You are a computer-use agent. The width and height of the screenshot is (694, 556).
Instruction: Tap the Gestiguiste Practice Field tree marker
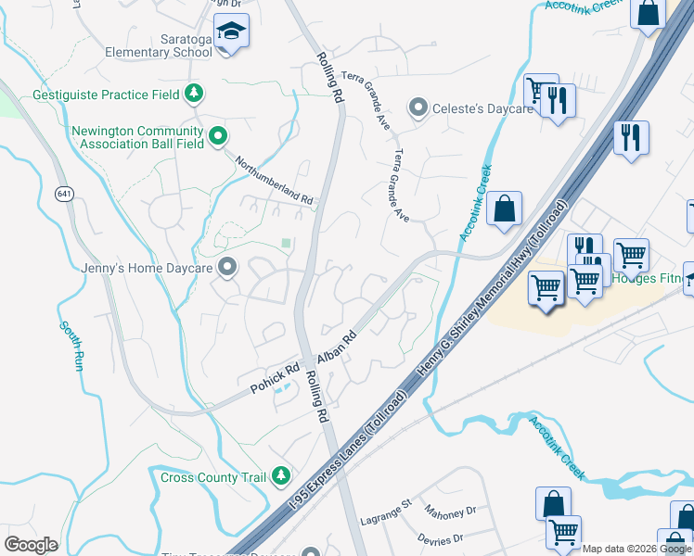194,94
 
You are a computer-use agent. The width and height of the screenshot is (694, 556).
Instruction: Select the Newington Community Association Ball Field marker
218,137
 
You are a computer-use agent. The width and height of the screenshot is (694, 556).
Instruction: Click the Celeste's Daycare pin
418,109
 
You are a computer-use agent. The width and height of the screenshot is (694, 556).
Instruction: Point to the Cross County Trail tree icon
281,477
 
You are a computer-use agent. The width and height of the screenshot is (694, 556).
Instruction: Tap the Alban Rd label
337,348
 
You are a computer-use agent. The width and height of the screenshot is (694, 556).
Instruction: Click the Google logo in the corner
31,545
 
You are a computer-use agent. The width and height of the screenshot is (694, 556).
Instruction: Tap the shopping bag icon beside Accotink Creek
504,208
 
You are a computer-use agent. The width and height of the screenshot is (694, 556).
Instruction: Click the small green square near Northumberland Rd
287,244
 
